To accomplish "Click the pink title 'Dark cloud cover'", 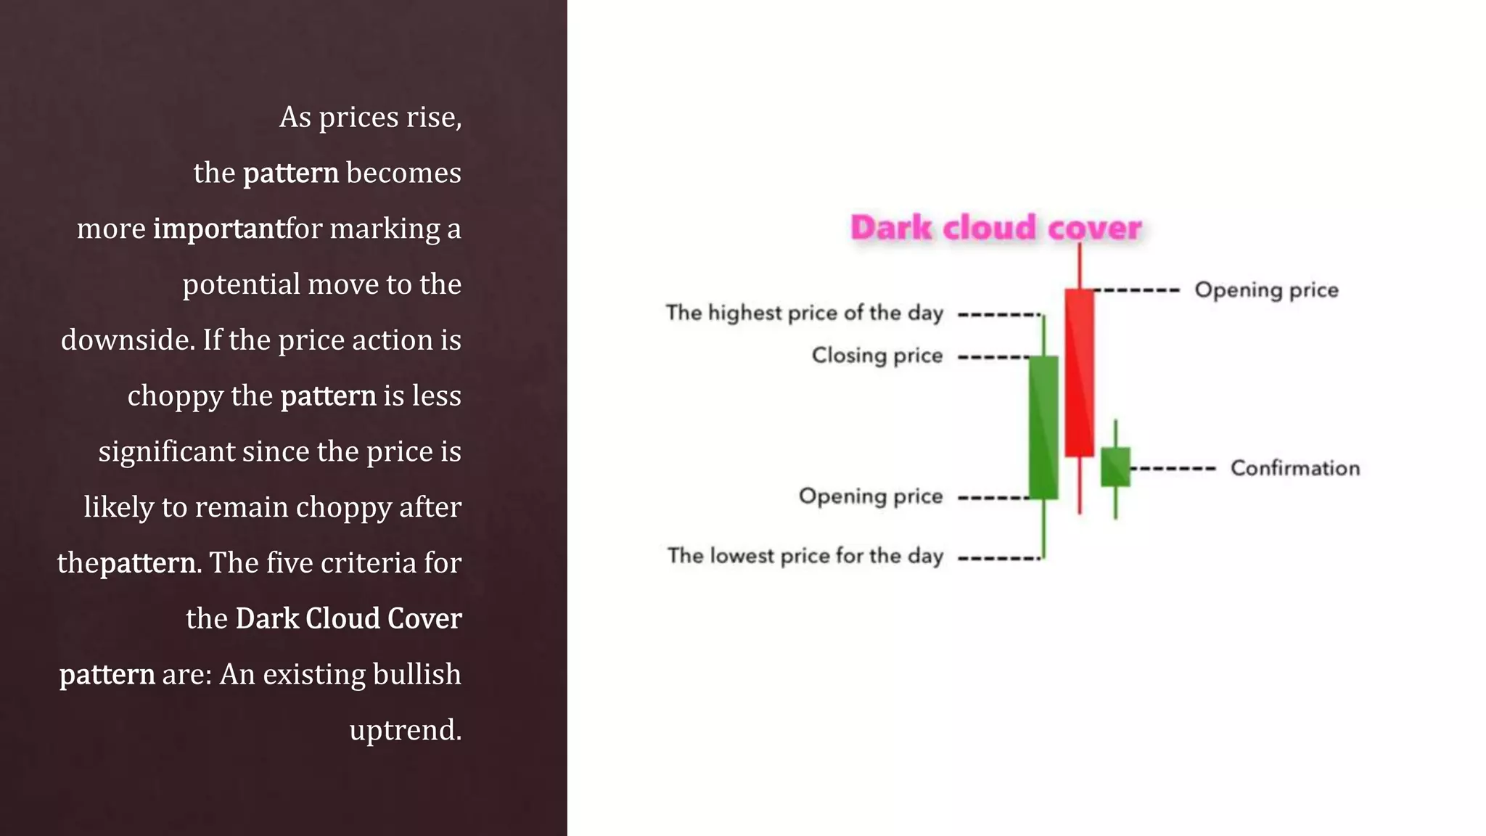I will click(x=996, y=228).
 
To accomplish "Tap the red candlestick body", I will click(x=1079, y=372).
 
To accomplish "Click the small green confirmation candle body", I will click(x=1115, y=467).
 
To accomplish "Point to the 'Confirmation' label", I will click(x=1295, y=468).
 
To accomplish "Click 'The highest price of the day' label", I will click(x=804, y=313).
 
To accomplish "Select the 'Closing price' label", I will click(x=877, y=356).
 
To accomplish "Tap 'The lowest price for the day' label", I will click(x=805, y=556).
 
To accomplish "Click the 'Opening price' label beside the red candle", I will click(x=1266, y=290).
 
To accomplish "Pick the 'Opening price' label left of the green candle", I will click(x=871, y=496).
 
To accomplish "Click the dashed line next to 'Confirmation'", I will click(x=1173, y=469).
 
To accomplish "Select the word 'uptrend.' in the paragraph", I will click(x=405, y=730).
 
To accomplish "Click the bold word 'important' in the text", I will click(x=218, y=229).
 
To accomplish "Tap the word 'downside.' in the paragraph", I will click(x=128, y=340).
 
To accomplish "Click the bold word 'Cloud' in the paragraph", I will click(x=342, y=618).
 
